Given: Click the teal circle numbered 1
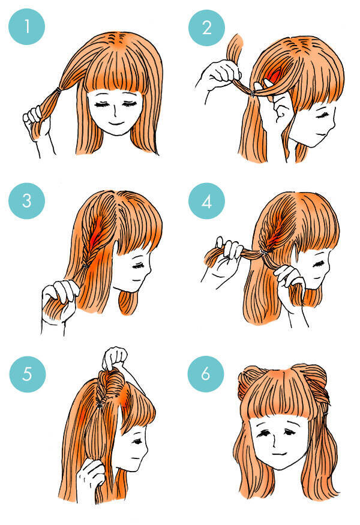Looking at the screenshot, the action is tap(26, 26).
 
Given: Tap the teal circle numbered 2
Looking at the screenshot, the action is tap(206, 28).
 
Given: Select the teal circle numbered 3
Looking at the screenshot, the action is tap(26, 201).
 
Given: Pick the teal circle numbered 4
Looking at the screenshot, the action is tap(206, 201).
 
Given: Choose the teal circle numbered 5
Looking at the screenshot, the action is tap(28, 374).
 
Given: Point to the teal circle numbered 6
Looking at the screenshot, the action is tap(206, 374).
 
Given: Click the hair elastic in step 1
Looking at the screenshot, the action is tap(59, 90).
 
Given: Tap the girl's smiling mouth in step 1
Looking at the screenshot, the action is tap(116, 123).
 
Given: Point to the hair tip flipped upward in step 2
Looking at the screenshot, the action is tap(235, 45).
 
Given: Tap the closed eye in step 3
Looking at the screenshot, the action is tap(137, 266).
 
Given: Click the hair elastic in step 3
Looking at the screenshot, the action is tap(86, 265).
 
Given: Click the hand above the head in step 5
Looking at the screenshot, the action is tap(115, 358).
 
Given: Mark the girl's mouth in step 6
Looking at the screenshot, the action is tap(280, 454).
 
